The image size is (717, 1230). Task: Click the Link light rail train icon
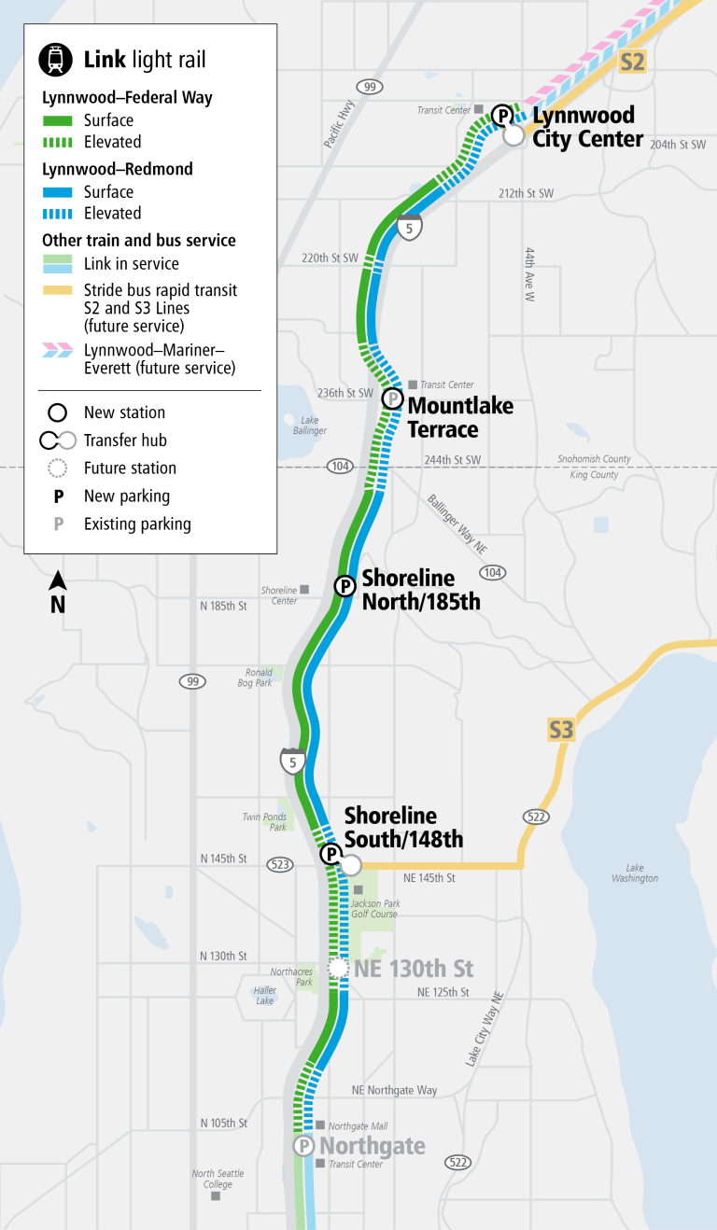click(x=57, y=60)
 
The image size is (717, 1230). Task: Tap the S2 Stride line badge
click(x=632, y=63)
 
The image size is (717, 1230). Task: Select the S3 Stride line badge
click(x=560, y=728)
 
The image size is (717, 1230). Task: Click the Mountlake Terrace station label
click(x=459, y=417)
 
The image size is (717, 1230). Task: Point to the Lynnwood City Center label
click(x=587, y=127)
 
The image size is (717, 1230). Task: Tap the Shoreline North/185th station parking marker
click(x=344, y=586)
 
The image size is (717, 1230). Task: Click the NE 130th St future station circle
click(x=337, y=969)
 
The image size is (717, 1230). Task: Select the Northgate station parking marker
click(x=303, y=1146)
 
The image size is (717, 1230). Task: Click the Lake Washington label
click(x=635, y=873)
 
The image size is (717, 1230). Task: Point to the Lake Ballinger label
click(x=309, y=425)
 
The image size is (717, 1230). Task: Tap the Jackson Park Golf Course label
click(x=374, y=908)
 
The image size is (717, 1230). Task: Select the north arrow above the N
click(x=58, y=580)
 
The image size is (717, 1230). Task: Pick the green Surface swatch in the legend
click(x=57, y=120)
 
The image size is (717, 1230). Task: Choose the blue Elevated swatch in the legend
click(x=57, y=213)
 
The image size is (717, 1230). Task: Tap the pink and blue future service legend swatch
click(x=57, y=350)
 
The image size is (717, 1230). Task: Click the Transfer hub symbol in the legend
click(x=56, y=440)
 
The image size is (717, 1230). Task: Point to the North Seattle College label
click(x=218, y=1179)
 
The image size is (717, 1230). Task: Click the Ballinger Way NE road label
click(x=457, y=524)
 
